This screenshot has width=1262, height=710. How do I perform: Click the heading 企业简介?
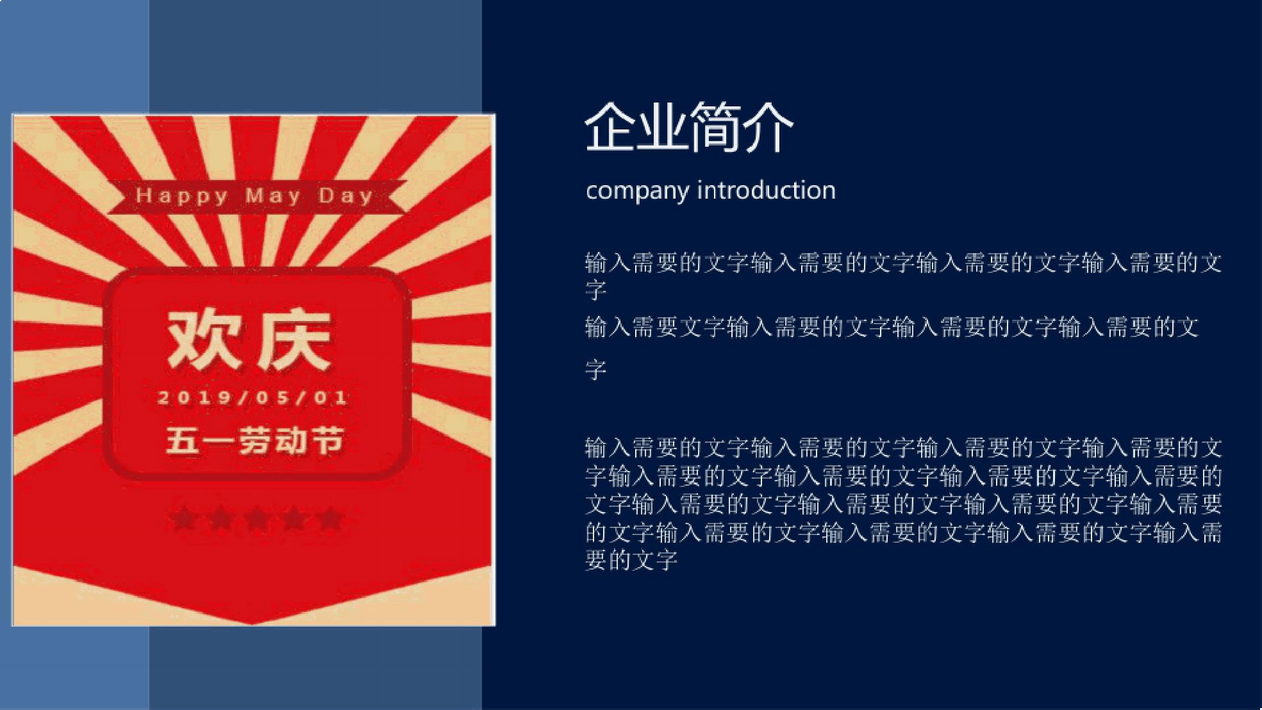point(689,128)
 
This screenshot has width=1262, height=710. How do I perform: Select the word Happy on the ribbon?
point(181,195)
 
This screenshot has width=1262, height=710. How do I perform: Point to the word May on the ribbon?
point(273,195)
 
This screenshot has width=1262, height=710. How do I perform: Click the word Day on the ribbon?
point(345,195)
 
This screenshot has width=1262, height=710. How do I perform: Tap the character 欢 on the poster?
point(204,340)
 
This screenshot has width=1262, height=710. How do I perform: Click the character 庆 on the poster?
point(294,340)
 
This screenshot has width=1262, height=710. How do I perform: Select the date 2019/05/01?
point(253,397)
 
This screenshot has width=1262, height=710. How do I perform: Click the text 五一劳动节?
point(254,440)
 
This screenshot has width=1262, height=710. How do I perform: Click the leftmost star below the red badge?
point(184,518)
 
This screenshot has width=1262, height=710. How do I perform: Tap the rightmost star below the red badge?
point(331,518)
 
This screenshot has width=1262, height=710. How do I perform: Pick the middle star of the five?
point(257,518)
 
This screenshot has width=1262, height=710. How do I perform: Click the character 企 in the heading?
point(611,128)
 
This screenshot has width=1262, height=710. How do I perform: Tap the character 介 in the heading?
point(768,128)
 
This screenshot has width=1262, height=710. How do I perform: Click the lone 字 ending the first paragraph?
point(595,290)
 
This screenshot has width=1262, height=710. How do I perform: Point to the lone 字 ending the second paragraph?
point(595,370)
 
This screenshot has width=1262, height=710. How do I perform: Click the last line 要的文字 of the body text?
point(631,560)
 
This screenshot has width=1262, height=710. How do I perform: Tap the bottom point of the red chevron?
point(253,623)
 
